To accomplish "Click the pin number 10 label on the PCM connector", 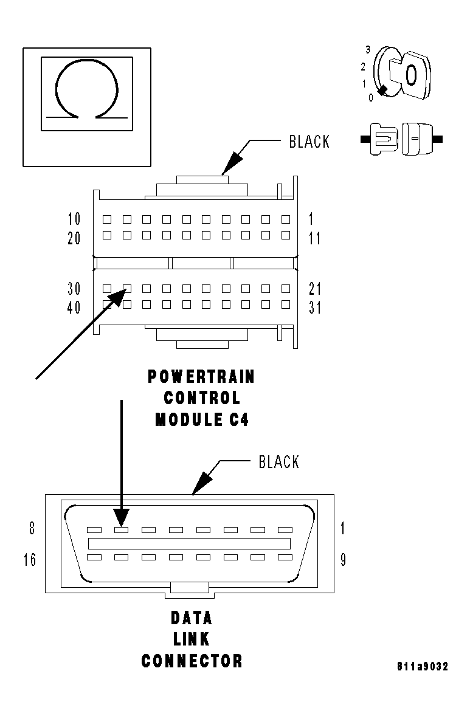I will click(74, 219).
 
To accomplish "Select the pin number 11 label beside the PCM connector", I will click(314, 238).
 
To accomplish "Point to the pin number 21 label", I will click(315, 289).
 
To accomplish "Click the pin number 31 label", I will click(315, 308).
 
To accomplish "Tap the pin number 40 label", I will click(74, 308).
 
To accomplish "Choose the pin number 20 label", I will click(74, 238).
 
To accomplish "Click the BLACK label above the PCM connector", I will click(309, 142).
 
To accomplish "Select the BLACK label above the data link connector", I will click(279, 462).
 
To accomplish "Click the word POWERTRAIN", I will click(201, 377).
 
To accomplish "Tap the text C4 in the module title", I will click(239, 420).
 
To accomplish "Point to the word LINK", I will click(192, 639).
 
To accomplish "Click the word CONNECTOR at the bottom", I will click(192, 661).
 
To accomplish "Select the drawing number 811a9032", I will click(423, 667).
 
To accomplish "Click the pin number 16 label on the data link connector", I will click(30, 560).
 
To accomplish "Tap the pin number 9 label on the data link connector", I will click(343, 560).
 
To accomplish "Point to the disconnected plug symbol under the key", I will click(401, 139).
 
